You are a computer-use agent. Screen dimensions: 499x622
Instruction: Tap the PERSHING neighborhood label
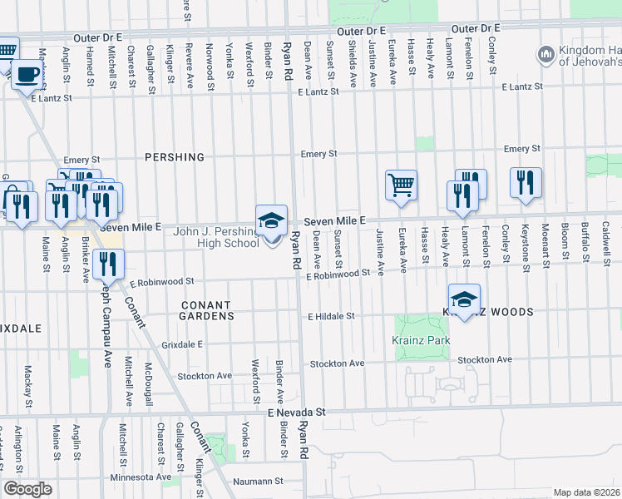coord(174,156)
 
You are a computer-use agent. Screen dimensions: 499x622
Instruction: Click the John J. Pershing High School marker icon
coord(271,222)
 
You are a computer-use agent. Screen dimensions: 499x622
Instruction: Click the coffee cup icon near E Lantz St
coord(27,75)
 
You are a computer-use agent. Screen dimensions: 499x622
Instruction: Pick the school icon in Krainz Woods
coord(464,300)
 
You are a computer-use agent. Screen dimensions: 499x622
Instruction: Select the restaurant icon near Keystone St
coord(526,182)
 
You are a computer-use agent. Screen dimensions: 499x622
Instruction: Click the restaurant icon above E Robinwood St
coord(109,264)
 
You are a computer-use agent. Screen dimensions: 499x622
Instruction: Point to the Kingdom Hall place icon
coord(546,55)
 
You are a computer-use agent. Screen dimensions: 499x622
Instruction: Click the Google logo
coord(28,489)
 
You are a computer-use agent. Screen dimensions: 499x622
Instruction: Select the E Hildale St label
coord(332,316)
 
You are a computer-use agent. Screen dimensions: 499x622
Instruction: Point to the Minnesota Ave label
coord(141,477)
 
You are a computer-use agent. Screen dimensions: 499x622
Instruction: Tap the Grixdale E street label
coord(182,343)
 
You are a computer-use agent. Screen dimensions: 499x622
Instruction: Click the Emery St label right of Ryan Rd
coord(318,153)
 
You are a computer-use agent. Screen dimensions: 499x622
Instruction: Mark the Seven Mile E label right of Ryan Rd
coord(335,220)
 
